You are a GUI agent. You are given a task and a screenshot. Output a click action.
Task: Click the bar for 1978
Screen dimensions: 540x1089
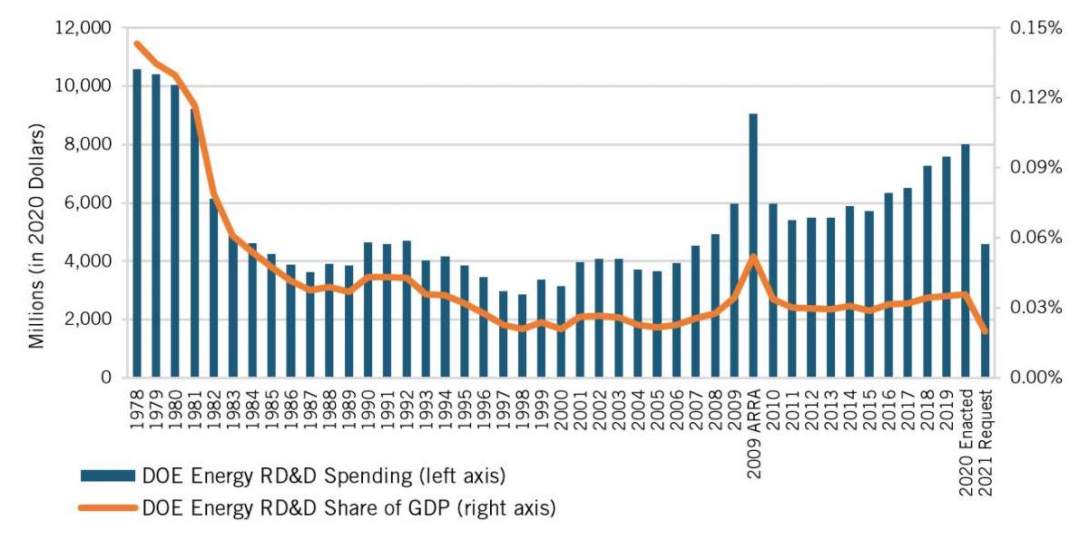coord(138,222)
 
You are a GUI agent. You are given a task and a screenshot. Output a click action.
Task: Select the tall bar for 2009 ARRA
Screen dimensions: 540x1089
coord(753,245)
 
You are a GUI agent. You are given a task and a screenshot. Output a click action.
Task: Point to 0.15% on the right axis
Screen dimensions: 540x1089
coord(1035,28)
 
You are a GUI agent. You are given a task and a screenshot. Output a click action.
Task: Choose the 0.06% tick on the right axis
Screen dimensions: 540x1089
coord(1035,238)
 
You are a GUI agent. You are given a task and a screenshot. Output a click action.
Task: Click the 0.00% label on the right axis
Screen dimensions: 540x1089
coord(1035,378)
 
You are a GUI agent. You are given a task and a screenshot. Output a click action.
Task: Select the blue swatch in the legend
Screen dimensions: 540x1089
coord(108,476)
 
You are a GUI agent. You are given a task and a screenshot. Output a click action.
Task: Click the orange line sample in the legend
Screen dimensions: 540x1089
coord(108,508)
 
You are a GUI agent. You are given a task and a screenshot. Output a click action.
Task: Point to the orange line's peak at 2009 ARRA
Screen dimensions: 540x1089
coord(753,257)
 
